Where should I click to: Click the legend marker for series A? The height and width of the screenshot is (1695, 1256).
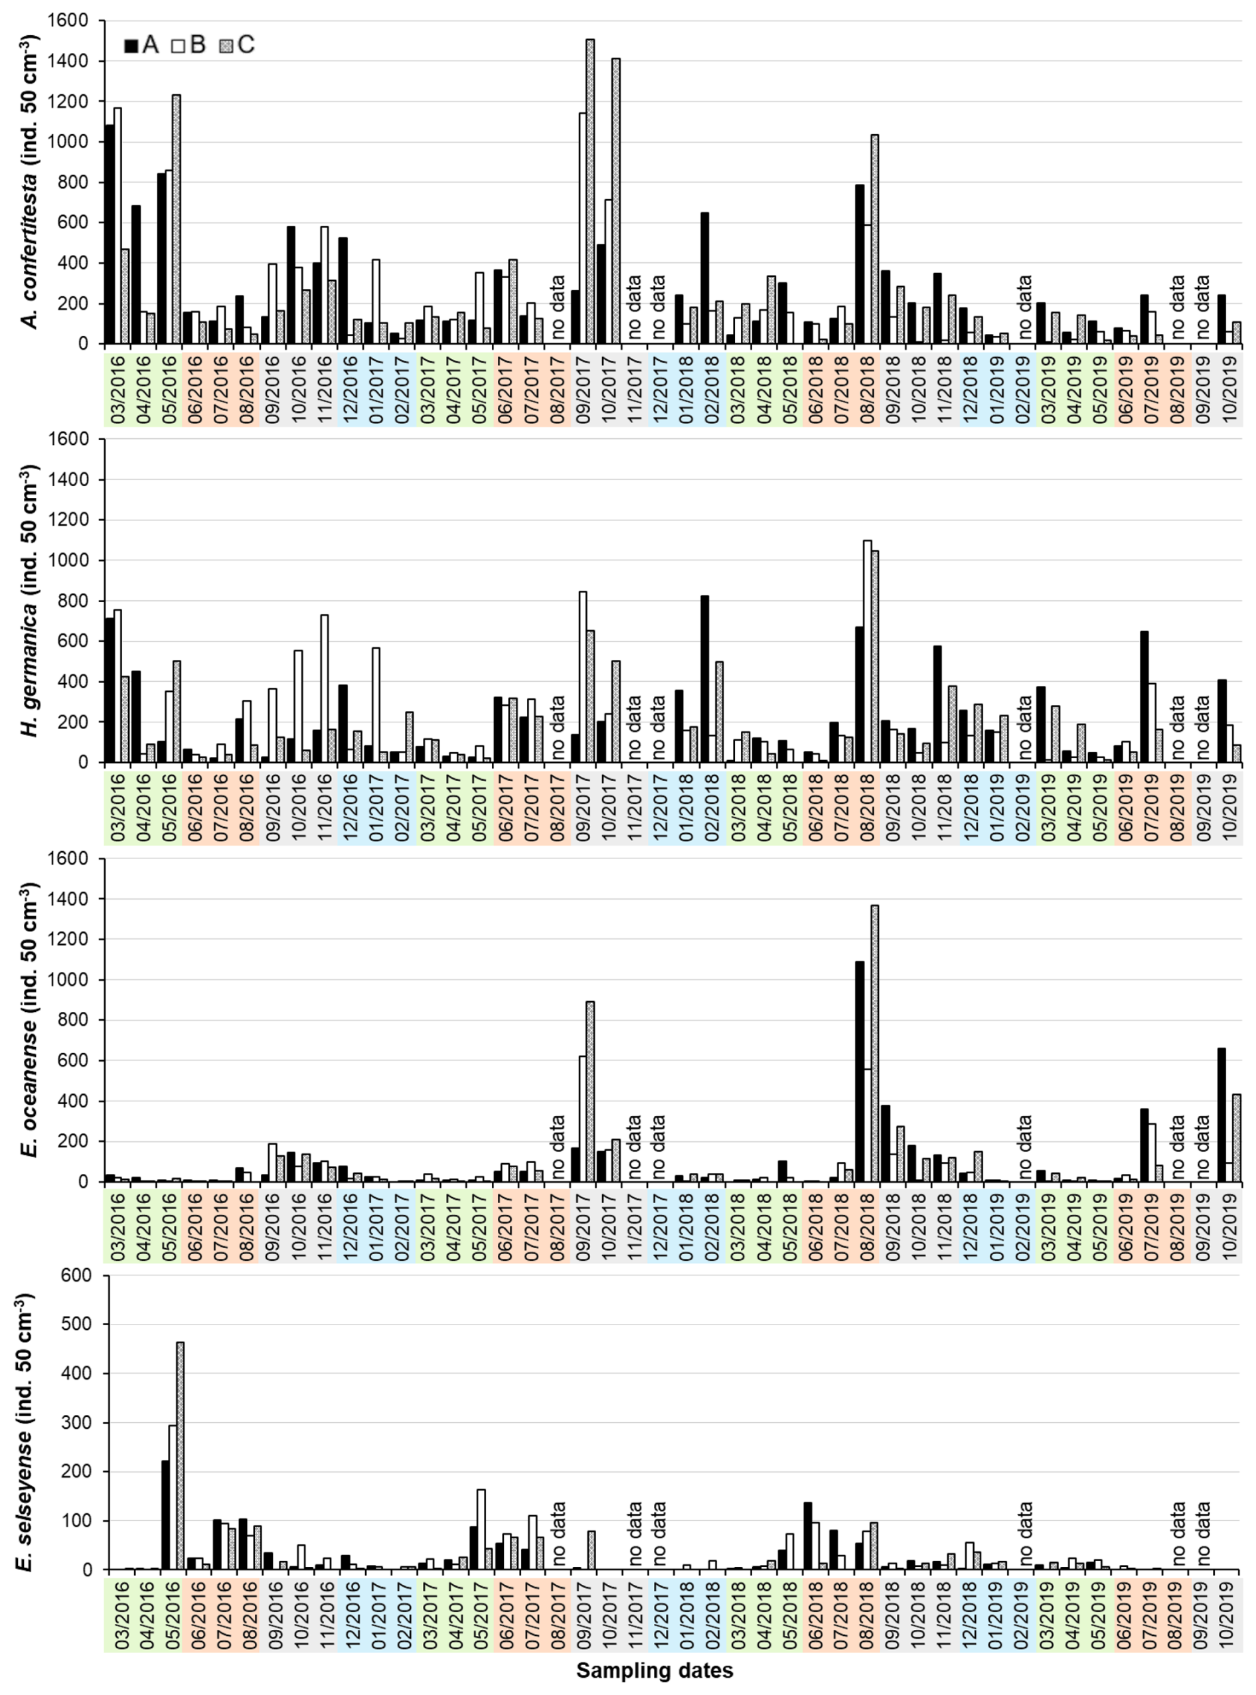coord(131,46)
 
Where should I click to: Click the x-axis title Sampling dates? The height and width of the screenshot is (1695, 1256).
coord(654,1670)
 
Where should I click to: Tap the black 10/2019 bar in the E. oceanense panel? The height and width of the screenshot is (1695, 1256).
coord(1221,1115)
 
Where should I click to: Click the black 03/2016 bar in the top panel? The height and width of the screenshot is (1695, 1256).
coord(110,234)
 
